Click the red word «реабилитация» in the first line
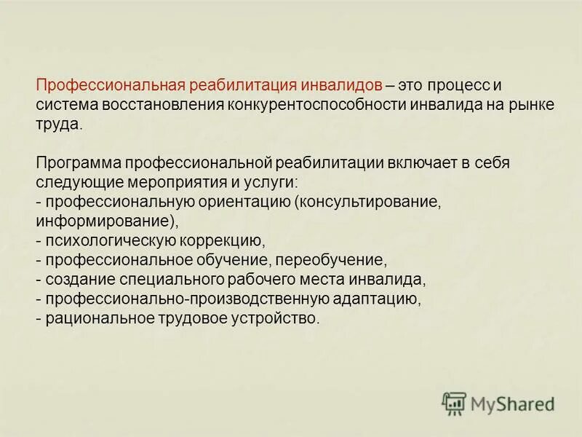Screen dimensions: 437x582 pyautogui.click(x=240, y=85)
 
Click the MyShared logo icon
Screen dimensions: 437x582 pyautogui.click(x=454, y=403)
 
